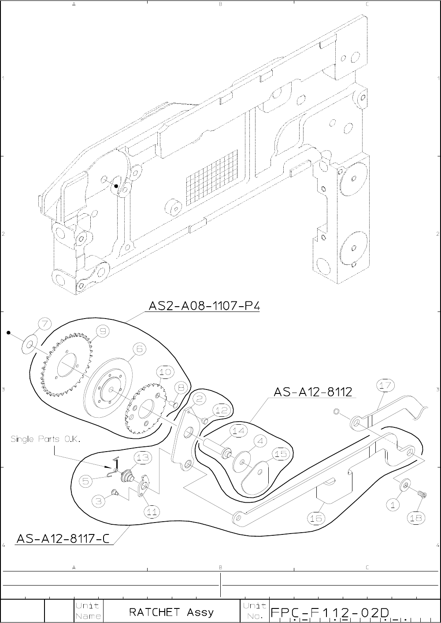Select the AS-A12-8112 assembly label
(x=313, y=392)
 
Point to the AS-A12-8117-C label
(x=63, y=538)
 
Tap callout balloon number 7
(x=44, y=324)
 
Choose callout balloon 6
(x=139, y=349)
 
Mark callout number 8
(x=180, y=388)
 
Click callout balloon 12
(x=222, y=411)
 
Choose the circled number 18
(x=416, y=518)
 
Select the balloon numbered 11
(x=152, y=512)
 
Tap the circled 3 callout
(x=100, y=501)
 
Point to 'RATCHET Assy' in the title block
(x=171, y=612)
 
